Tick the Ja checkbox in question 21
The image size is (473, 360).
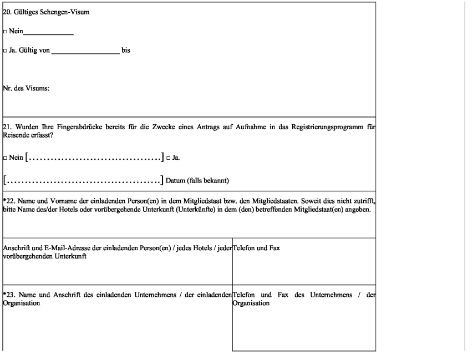168,158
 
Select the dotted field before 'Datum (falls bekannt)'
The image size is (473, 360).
84,180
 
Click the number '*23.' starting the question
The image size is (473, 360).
10,294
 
